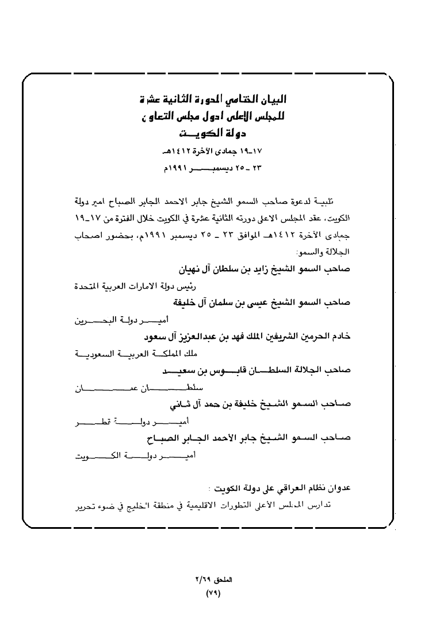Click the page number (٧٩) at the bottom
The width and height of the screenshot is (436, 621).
click(213, 592)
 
